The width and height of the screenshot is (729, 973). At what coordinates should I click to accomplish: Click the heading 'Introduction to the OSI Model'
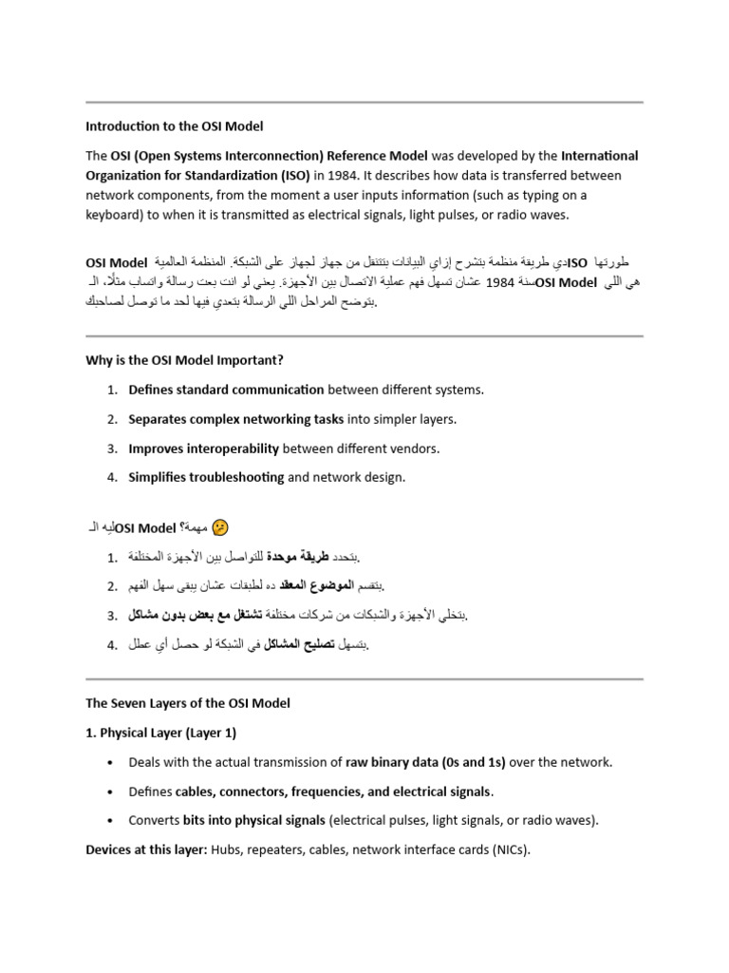175,125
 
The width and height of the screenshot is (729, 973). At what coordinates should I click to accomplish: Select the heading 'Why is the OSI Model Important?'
184,360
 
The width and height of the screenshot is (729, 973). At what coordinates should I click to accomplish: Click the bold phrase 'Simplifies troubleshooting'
206,477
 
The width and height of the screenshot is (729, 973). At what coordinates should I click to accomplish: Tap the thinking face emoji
221,527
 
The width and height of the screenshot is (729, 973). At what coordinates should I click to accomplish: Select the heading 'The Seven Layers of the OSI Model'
188,703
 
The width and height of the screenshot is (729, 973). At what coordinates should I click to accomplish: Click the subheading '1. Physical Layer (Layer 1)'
161,733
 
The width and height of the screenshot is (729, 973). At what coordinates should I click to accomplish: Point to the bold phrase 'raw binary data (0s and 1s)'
425,762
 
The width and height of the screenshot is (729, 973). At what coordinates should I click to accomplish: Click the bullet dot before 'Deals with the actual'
112,763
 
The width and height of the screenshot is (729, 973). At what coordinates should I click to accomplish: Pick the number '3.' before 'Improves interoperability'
111,448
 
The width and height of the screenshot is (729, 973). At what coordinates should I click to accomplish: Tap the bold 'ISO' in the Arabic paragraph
577,262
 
